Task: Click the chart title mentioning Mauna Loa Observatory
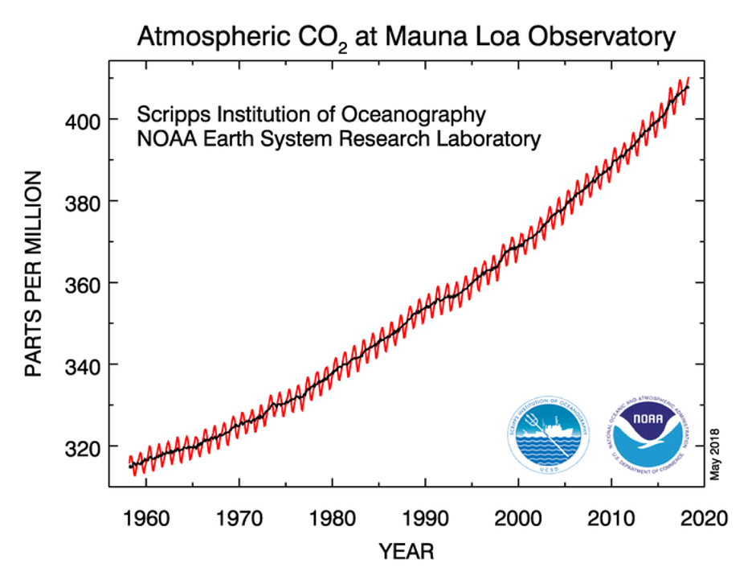[x=406, y=37]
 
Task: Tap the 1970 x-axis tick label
[x=239, y=516]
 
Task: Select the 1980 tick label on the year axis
[x=332, y=516]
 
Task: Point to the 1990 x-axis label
[x=425, y=516]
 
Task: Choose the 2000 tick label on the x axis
[x=518, y=516]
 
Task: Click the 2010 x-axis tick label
[x=611, y=516]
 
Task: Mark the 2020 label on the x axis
[x=704, y=516]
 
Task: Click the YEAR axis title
[x=407, y=552]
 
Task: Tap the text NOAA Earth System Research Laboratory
[x=339, y=139]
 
